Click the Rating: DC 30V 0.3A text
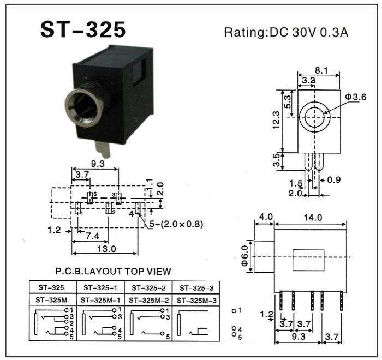[286, 32]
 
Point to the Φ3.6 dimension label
[355, 97]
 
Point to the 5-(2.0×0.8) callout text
[174, 224]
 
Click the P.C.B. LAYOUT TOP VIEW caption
[113, 271]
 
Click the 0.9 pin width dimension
[334, 179]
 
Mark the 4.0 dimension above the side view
[266, 217]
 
